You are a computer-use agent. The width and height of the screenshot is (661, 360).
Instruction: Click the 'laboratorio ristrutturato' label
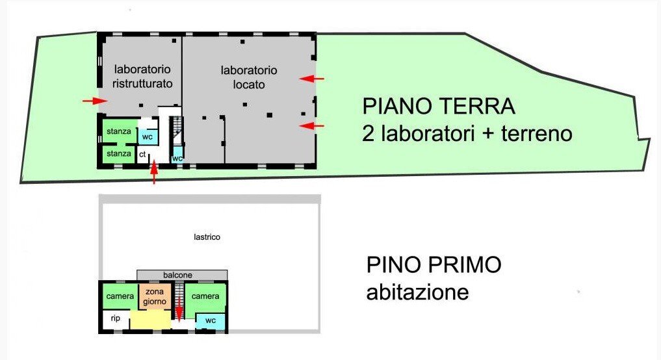tap(142, 76)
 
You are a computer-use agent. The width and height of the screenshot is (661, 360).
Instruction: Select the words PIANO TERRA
tap(438, 106)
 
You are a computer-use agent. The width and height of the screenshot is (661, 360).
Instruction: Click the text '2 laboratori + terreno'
tap(467, 134)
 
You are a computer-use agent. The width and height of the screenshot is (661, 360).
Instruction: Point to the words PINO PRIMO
tap(434, 265)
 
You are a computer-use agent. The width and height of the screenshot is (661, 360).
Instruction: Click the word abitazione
tap(417, 292)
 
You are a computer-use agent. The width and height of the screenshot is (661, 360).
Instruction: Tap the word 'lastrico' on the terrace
tap(207, 237)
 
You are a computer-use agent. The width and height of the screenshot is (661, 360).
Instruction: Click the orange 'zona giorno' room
tap(155, 296)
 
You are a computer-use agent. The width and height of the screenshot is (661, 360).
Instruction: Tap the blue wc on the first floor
tap(211, 320)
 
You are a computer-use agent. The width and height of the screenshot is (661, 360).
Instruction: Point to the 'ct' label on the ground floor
tap(142, 155)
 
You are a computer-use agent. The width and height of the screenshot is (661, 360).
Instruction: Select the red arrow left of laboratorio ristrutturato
tap(95, 101)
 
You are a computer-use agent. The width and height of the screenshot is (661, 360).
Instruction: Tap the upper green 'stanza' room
tap(119, 131)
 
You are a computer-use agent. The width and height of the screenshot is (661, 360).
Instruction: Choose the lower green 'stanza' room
tap(119, 154)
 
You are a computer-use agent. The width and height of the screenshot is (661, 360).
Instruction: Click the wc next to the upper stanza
tap(148, 137)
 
